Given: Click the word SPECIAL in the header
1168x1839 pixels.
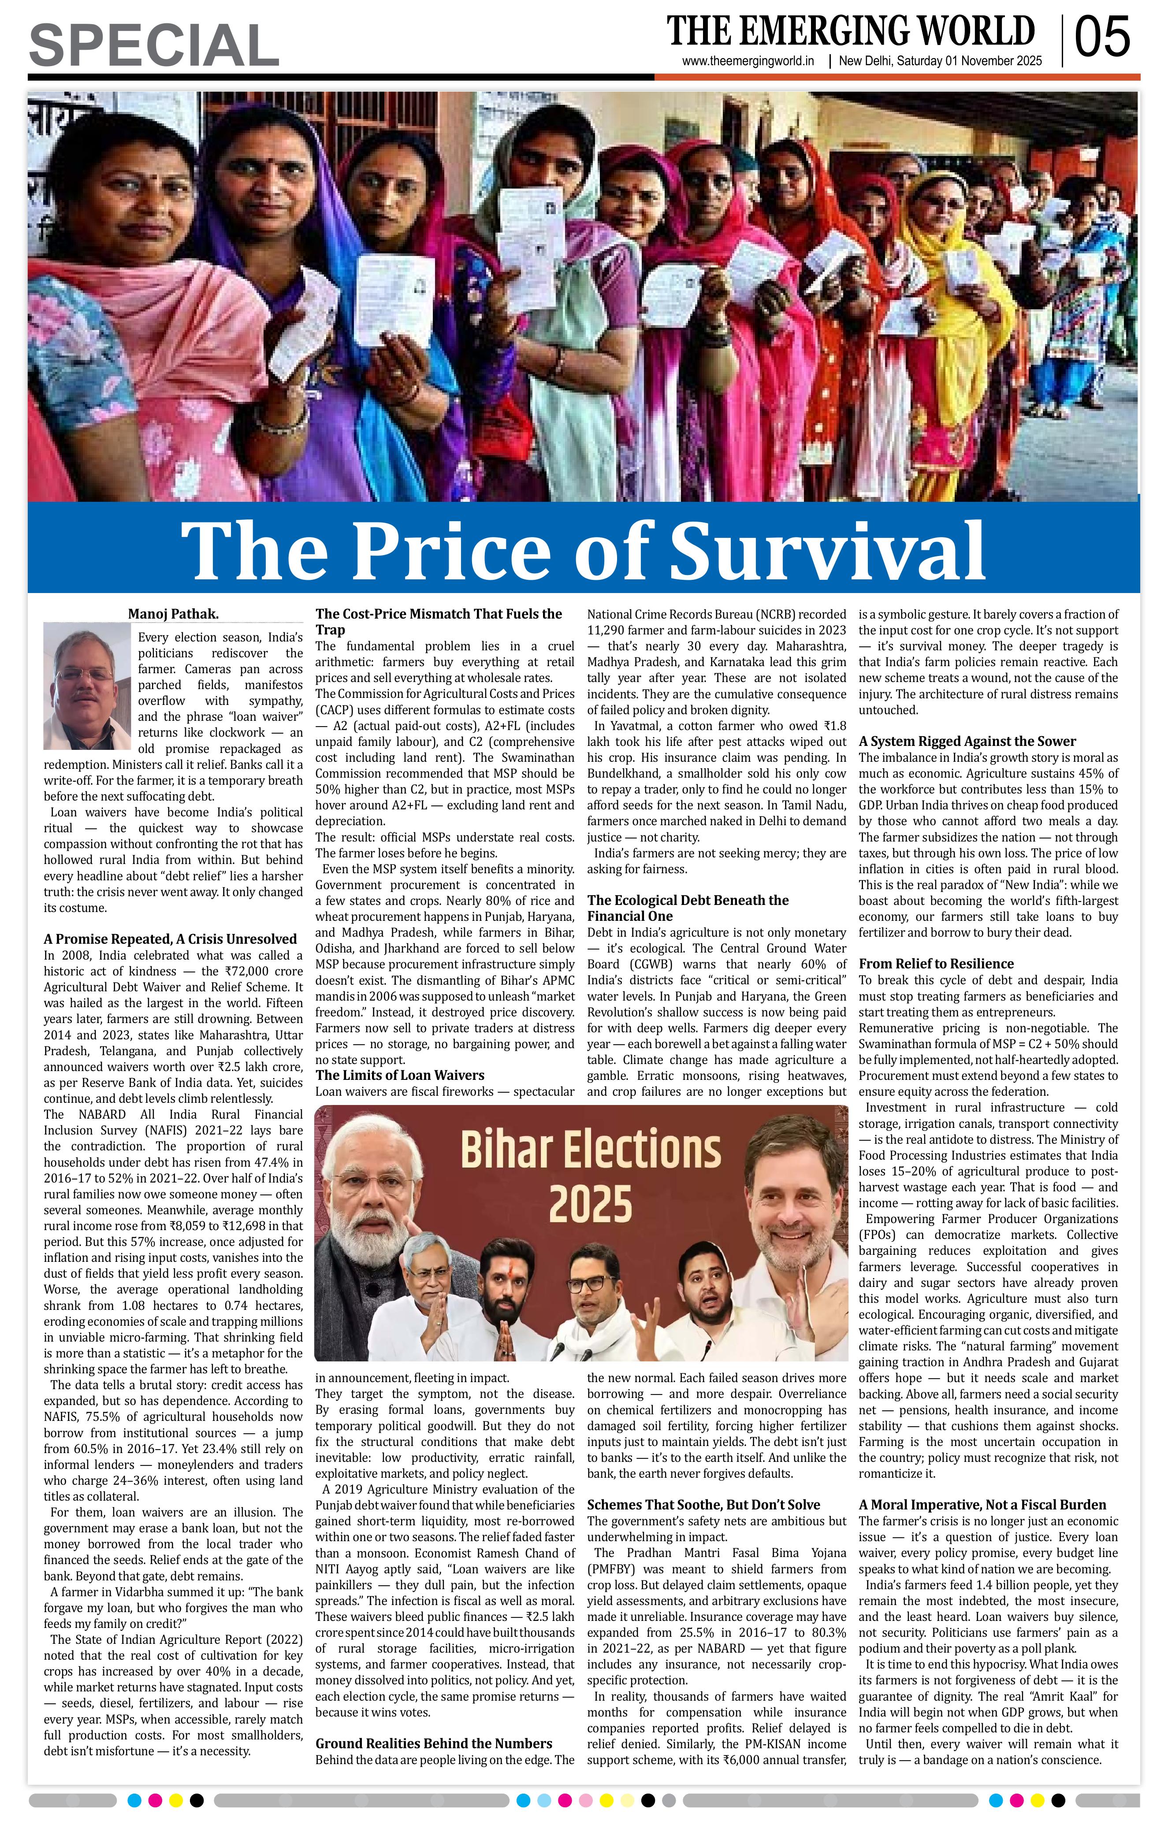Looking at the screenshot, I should [153, 45].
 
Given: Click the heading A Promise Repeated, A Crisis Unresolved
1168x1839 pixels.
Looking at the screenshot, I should [170, 938].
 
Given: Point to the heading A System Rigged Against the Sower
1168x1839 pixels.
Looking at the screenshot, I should [967, 741].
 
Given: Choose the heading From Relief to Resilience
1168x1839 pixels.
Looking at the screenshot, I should [936, 964].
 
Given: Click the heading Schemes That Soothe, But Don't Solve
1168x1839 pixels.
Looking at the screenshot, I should [703, 1505].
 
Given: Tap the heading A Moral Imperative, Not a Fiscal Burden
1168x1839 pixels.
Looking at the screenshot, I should [982, 1505].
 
